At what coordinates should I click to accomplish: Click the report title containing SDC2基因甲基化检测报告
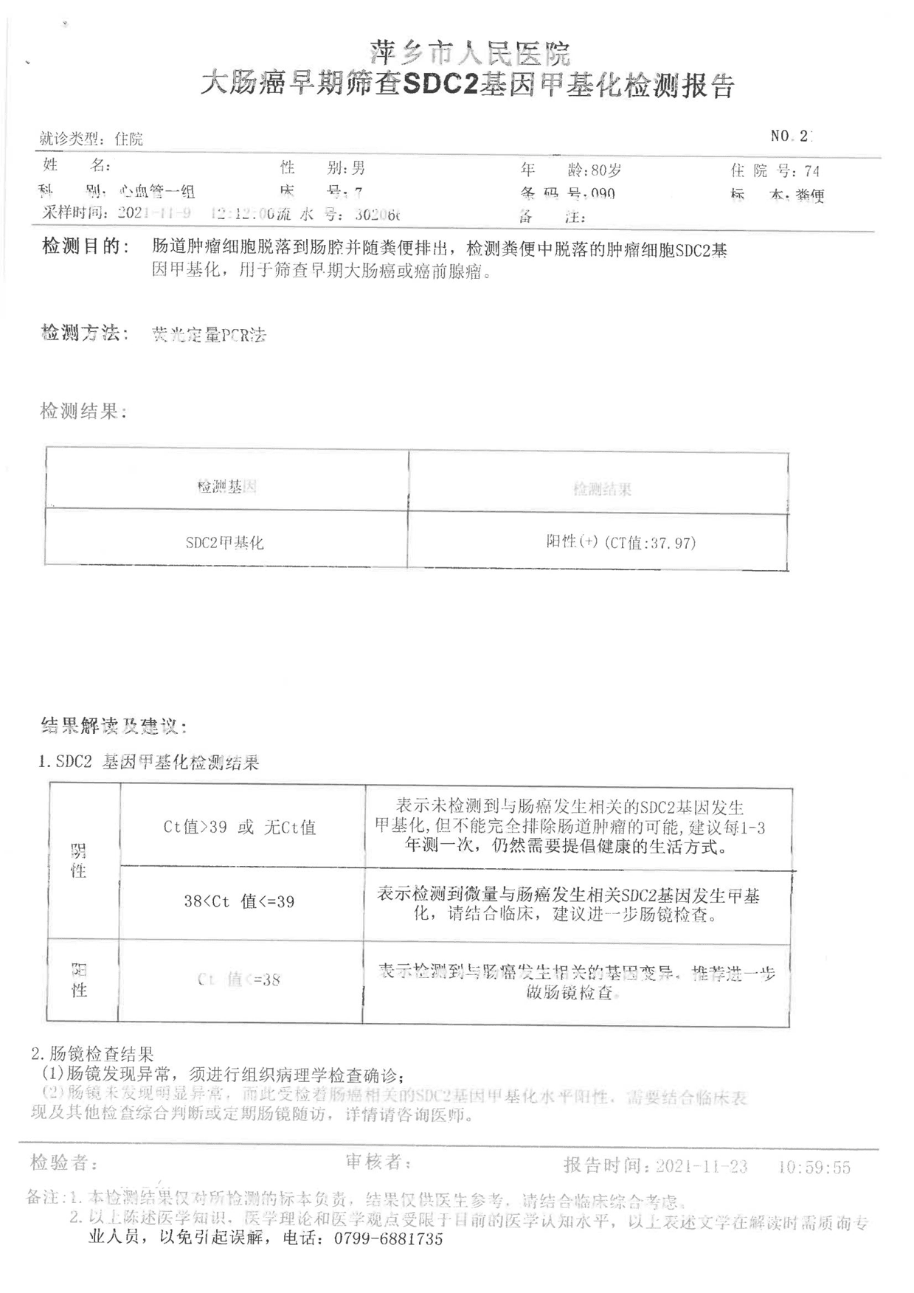468,86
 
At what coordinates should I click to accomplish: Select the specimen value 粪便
809,195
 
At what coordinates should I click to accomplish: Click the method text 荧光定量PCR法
208,336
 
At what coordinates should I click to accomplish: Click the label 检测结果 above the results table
82,412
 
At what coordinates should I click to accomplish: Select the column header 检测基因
226,487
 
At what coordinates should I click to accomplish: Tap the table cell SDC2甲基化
224,543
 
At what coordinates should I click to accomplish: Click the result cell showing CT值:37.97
620,543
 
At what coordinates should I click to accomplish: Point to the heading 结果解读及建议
114,727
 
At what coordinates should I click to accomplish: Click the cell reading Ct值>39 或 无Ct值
240,828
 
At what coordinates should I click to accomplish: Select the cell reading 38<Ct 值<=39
239,901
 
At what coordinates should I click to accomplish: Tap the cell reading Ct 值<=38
239,980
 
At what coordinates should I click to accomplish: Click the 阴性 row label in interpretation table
78,861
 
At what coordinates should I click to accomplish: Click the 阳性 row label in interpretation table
79,980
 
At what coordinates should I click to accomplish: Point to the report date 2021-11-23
702,1166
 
